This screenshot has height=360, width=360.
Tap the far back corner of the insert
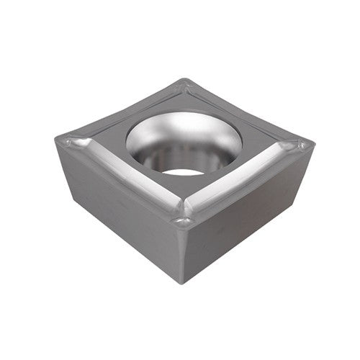pyautogui.click(x=186, y=80)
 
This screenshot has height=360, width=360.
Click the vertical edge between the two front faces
pyautogui.click(x=183, y=252)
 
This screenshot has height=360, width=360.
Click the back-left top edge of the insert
pyautogui.click(x=122, y=108)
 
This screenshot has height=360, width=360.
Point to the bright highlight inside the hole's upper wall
pyautogui.click(x=173, y=130)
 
